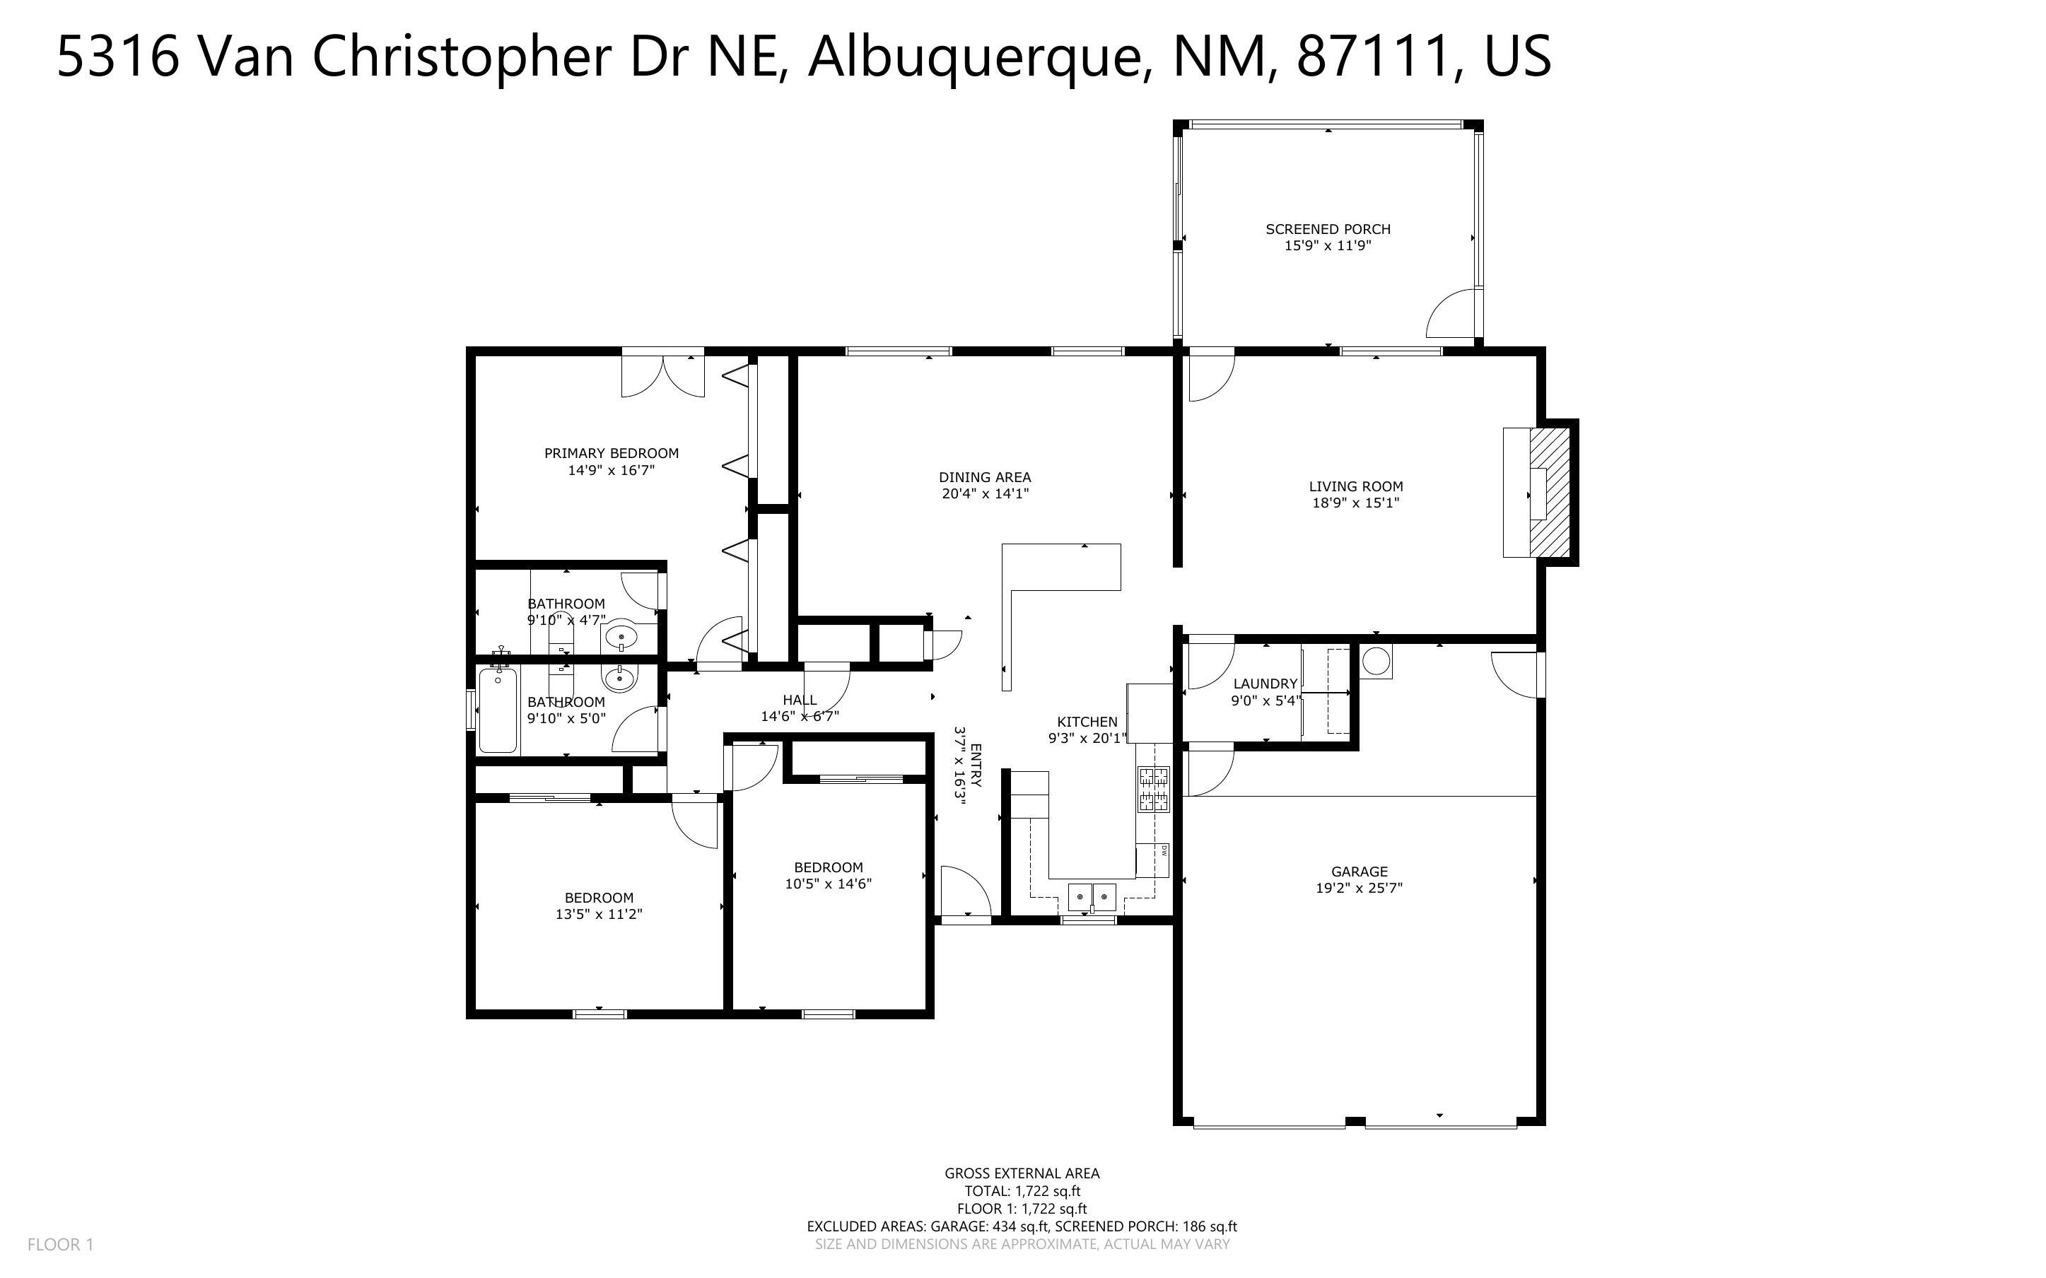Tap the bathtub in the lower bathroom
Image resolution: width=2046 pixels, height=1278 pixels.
click(x=498, y=709)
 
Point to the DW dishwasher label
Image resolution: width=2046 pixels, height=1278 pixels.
click(x=1164, y=850)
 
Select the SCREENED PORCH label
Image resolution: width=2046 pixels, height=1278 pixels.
click(x=1328, y=229)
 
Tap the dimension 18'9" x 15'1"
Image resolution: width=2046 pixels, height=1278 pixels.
click(x=1355, y=503)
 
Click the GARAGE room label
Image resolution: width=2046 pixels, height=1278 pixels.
click(x=1359, y=872)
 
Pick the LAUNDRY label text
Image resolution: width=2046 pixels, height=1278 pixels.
click(x=1264, y=684)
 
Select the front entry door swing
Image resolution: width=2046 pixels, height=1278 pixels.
click(x=964, y=891)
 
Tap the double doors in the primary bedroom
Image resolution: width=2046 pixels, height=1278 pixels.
click(x=662, y=375)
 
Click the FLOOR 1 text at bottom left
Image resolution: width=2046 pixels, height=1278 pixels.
click(x=60, y=1244)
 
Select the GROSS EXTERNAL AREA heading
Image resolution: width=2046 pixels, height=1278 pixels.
click(x=1022, y=1173)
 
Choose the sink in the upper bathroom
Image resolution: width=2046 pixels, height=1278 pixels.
click(x=621, y=635)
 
